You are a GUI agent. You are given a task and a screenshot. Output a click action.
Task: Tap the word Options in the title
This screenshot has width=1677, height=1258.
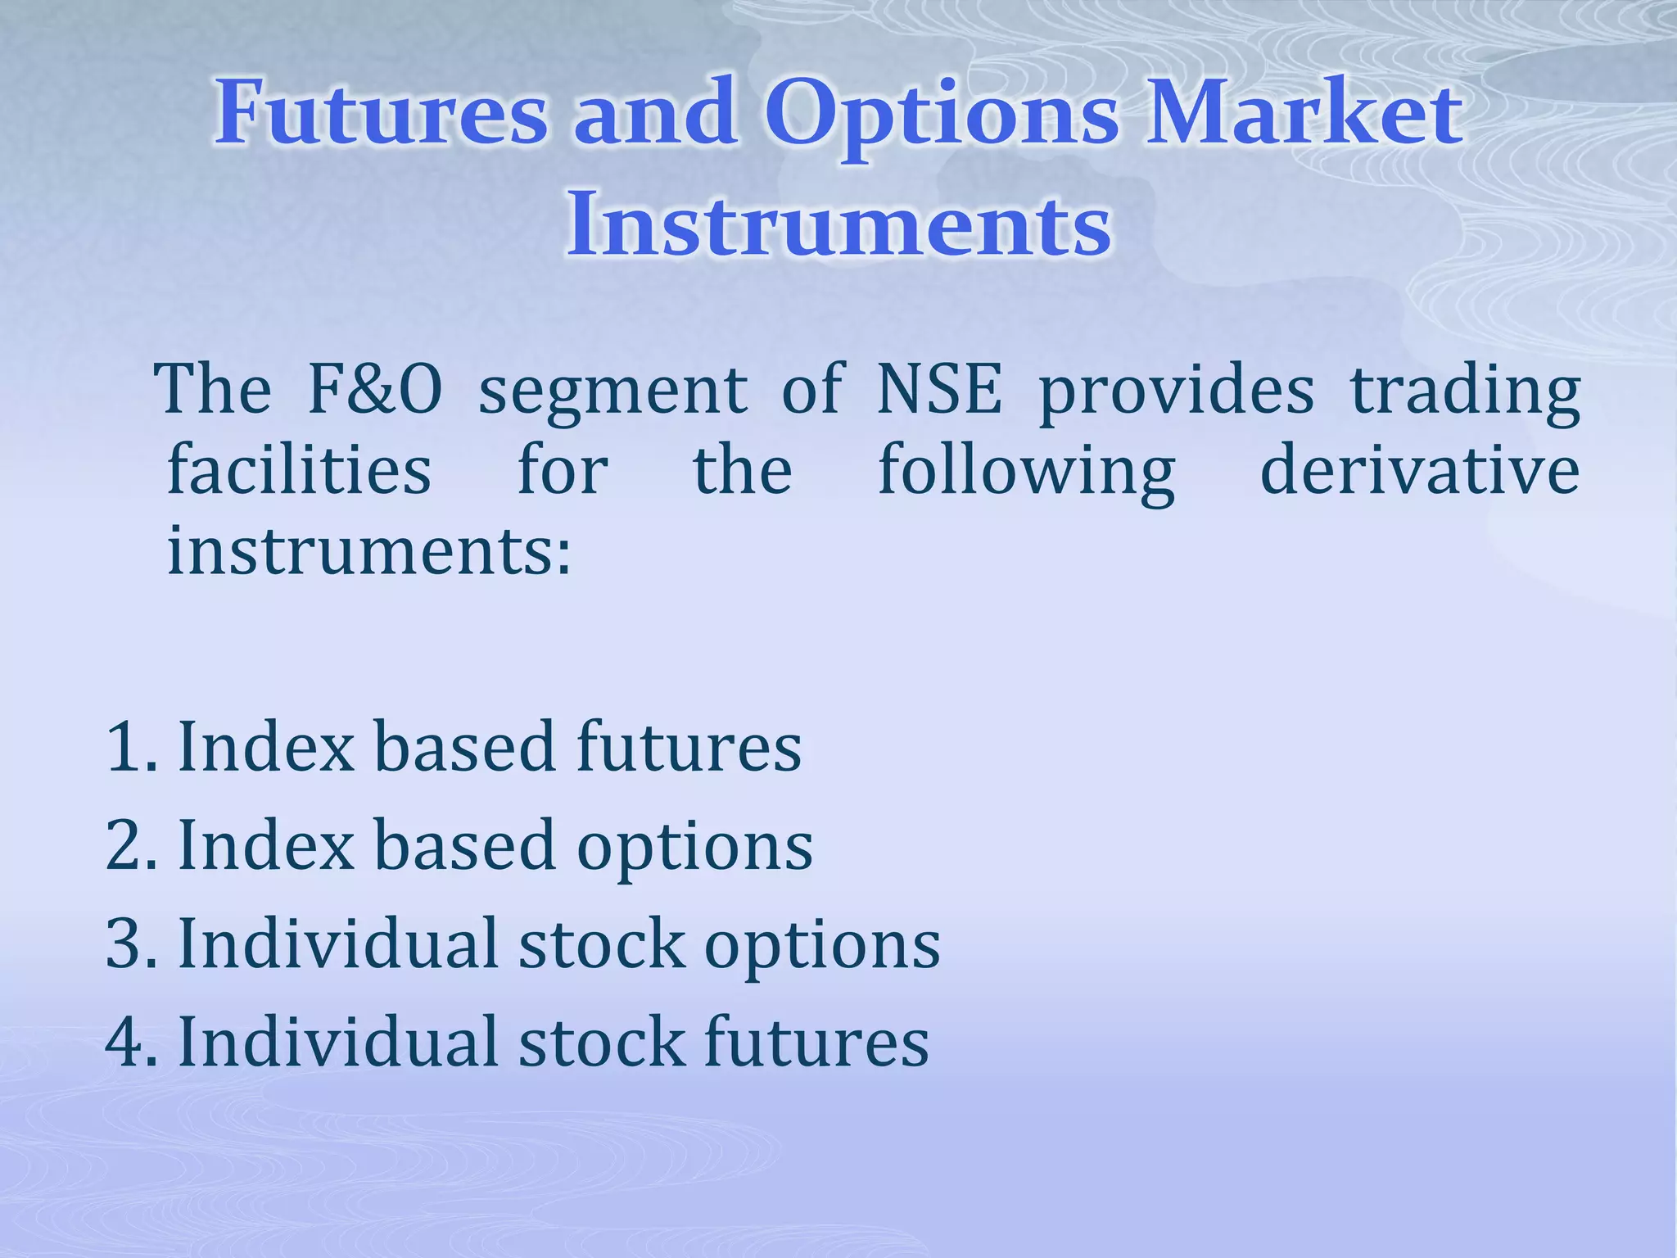[942, 115]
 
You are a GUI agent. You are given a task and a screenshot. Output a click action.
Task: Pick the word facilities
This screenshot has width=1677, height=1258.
[299, 470]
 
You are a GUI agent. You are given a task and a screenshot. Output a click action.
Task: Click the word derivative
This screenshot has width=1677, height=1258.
[1420, 470]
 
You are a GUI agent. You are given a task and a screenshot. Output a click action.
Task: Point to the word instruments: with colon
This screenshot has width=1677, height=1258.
[368, 550]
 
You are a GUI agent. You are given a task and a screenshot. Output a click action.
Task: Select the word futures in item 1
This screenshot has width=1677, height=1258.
[689, 746]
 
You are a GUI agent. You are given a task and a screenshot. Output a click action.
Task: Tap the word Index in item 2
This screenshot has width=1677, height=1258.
[266, 844]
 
